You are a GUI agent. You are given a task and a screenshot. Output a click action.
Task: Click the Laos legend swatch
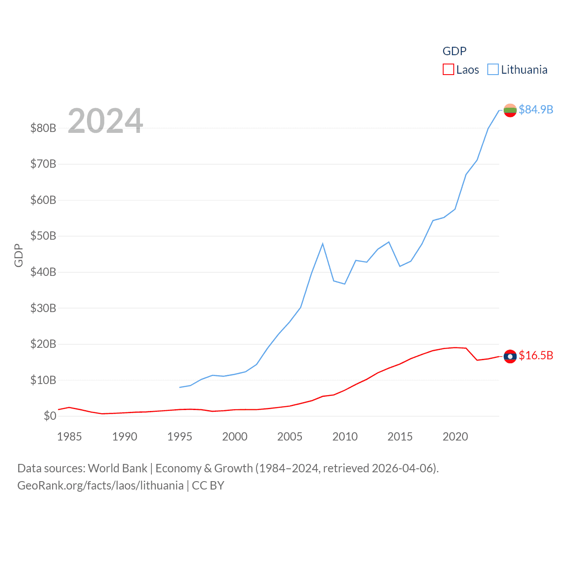pyautogui.click(x=448, y=70)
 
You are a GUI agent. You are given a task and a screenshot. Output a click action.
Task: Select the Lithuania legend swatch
pyautogui.click(x=493, y=70)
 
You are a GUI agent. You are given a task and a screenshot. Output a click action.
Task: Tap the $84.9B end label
pyautogui.click(x=536, y=109)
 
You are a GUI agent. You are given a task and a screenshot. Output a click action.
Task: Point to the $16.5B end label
pyautogui.click(x=536, y=355)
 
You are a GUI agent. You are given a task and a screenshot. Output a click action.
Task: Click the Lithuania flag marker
pyautogui.click(x=510, y=110)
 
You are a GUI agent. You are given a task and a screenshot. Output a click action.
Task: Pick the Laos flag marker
pyautogui.click(x=510, y=356)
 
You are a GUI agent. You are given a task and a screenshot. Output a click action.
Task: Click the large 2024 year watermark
pyautogui.click(x=105, y=121)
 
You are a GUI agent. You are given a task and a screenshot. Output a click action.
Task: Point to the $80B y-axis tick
pyautogui.click(x=43, y=128)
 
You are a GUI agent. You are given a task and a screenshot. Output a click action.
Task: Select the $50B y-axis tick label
pyautogui.click(x=43, y=236)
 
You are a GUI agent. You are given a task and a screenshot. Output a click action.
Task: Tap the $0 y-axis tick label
pyautogui.click(x=50, y=416)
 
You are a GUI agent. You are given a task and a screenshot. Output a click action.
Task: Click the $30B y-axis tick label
pyautogui.click(x=43, y=308)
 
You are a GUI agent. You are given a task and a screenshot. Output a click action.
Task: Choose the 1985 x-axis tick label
pyautogui.click(x=69, y=437)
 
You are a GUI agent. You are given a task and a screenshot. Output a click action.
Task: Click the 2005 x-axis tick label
pyautogui.click(x=290, y=437)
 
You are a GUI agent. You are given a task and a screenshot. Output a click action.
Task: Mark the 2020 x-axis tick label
pyautogui.click(x=455, y=437)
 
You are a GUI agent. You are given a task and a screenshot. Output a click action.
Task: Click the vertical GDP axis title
pyautogui.click(x=19, y=255)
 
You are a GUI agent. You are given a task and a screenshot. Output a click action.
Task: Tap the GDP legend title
pyautogui.click(x=454, y=51)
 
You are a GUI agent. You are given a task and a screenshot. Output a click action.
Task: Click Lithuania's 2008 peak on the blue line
pyautogui.click(x=323, y=244)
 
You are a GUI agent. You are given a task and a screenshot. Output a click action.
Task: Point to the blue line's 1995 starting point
pyautogui.click(x=180, y=387)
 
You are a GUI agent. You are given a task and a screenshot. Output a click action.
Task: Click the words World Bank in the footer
pyautogui.click(x=117, y=468)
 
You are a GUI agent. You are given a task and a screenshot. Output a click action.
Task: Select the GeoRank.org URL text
pyautogui.click(x=100, y=486)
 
